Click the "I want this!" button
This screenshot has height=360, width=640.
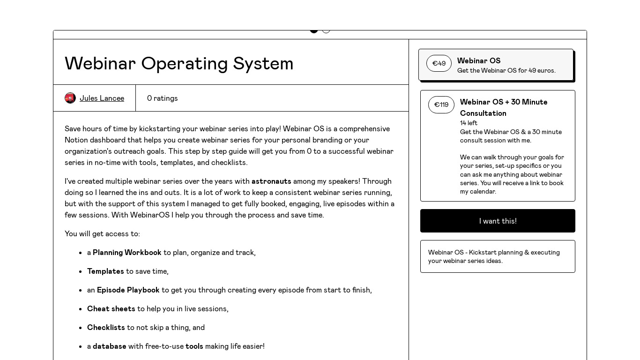[x=498, y=221]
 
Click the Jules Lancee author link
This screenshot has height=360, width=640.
[x=102, y=98]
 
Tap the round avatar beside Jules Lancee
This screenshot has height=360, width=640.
[x=70, y=98]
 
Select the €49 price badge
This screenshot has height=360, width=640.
[x=439, y=63]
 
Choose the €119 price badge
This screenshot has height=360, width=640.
[x=441, y=105]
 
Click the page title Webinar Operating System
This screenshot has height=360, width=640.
[x=179, y=63]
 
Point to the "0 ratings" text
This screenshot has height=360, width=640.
[x=162, y=98]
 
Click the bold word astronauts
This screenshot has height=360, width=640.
[x=271, y=181]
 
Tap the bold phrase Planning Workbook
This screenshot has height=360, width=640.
[x=127, y=252]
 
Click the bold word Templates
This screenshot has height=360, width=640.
[x=105, y=271]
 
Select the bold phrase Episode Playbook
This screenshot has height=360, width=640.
[x=128, y=290]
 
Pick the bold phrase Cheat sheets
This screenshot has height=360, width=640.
[x=111, y=308]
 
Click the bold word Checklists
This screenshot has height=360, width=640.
[x=106, y=327]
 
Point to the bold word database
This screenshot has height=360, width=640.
[x=109, y=346]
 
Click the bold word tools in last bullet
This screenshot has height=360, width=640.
[x=194, y=346]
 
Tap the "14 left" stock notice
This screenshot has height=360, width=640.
[x=469, y=123]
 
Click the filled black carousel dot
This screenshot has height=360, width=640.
[x=314, y=30]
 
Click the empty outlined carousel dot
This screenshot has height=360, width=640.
[x=326, y=30]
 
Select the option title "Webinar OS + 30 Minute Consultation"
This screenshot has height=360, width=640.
[x=504, y=107]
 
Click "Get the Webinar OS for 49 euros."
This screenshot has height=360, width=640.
[x=506, y=70]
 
